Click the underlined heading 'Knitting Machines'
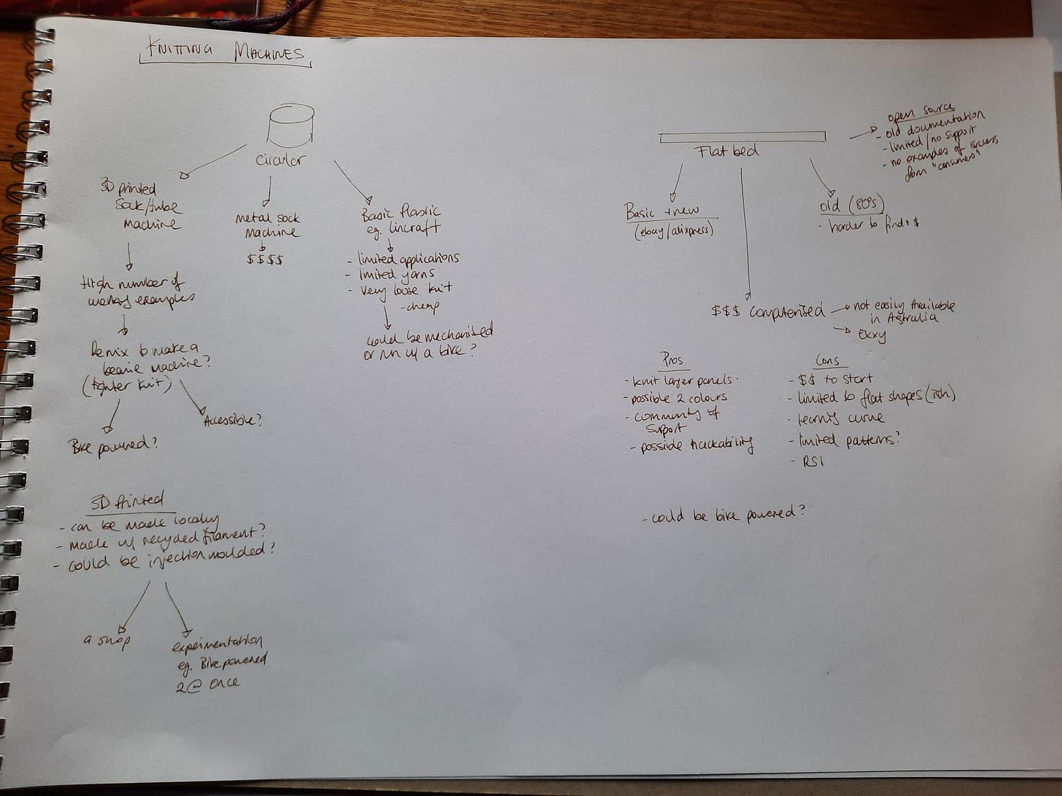point(225,53)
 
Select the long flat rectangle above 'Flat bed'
point(742,136)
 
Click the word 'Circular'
point(279,160)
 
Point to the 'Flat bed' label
point(727,151)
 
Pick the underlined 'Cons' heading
point(827,361)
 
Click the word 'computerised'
point(787,311)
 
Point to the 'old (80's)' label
point(851,205)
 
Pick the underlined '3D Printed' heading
point(128,501)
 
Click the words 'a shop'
point(106,641)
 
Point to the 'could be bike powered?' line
point(724,515)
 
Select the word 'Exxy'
point(872,336)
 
